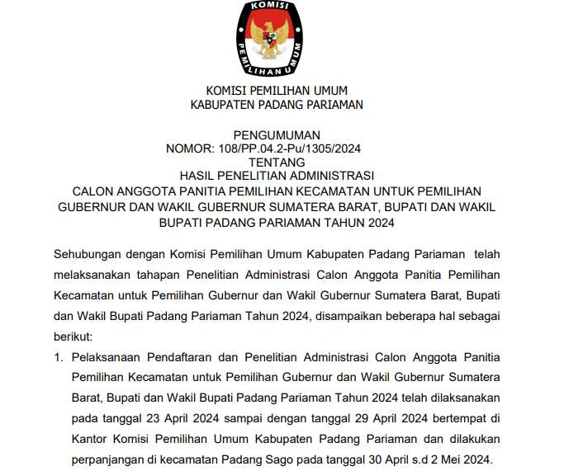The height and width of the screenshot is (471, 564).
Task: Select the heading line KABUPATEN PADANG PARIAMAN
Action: point(277,105)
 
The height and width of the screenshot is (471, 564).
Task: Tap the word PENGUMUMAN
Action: point(277,134)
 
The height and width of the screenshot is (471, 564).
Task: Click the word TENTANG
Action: point(277,162)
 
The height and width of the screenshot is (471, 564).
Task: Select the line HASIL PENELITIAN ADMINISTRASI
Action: point(277,175)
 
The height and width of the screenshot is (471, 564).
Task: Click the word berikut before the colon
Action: point(73,337)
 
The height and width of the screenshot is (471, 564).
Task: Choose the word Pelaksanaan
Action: point(107,358)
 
